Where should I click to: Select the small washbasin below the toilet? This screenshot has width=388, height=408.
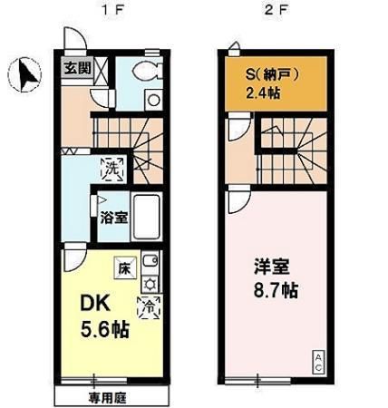(x=153, y=100)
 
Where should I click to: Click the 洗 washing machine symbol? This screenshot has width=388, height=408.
(x=113, y=166)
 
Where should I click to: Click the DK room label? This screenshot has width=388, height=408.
(x=95, y=303)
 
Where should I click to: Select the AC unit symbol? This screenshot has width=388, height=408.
(x=318, y=360)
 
